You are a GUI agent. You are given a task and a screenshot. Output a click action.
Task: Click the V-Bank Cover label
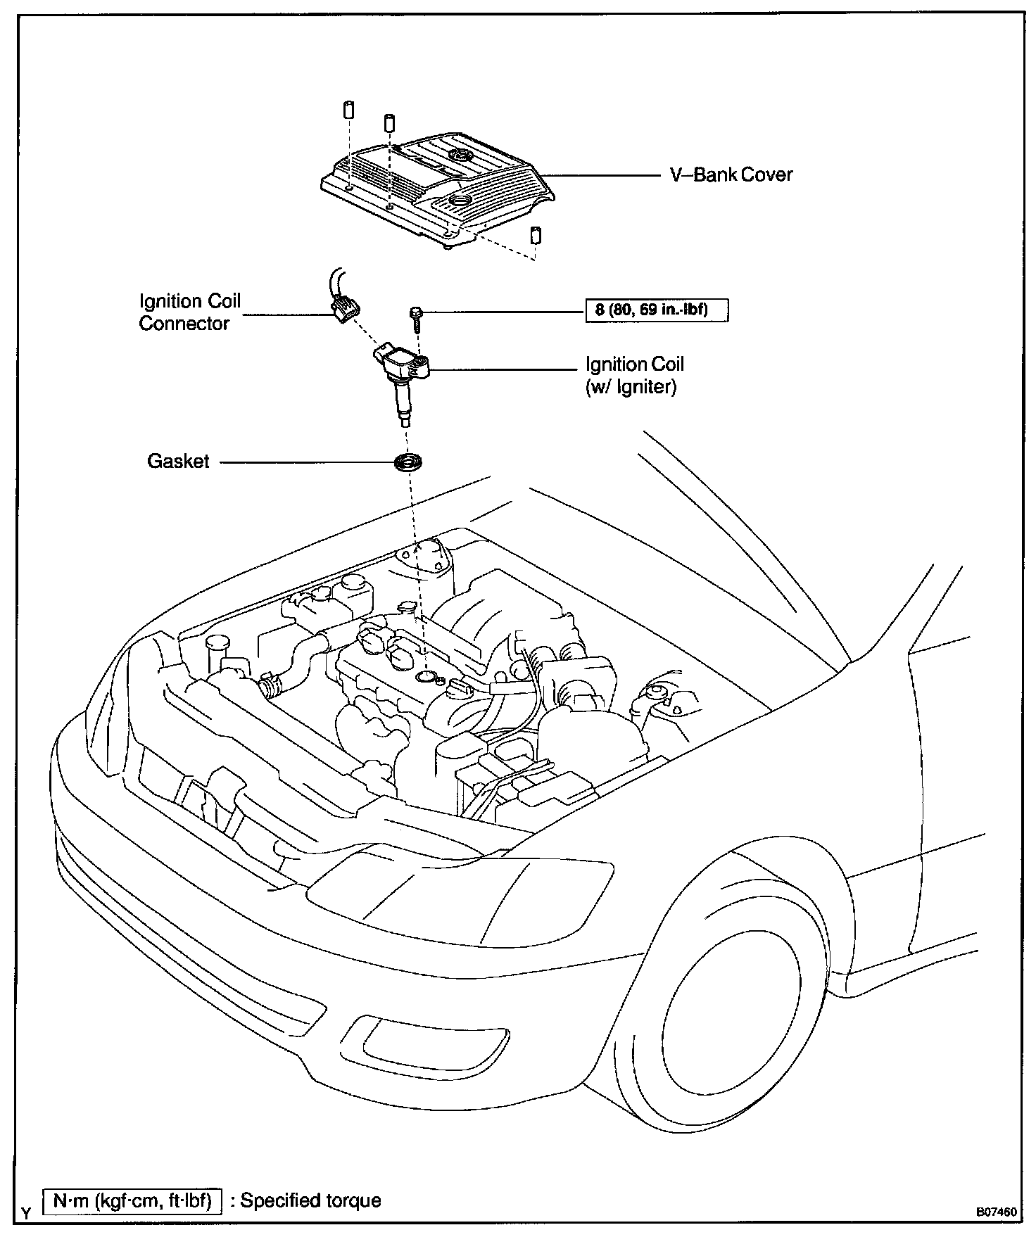(731, 175)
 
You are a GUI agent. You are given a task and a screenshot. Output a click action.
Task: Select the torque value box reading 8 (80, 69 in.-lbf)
(657, 310)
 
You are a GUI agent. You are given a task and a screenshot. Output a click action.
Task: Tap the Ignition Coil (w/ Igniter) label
(635, 375)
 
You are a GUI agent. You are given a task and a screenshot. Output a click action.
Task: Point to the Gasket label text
(178, 462)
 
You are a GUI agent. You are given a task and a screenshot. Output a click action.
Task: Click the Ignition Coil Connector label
(190, 312)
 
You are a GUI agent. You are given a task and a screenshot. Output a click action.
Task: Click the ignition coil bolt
(417, 319)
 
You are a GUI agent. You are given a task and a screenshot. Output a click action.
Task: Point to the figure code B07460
(996, 1212)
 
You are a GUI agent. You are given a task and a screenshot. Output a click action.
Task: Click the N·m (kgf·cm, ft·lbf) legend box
(132, 1200)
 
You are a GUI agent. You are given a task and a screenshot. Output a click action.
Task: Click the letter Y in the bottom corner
(26, 1213)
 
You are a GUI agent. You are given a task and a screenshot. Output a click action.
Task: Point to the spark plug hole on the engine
(427, 676)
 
